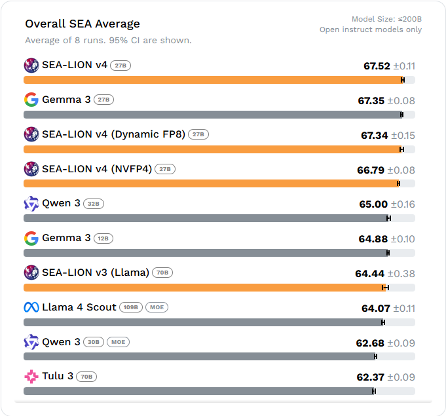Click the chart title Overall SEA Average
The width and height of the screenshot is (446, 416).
coord(83,24)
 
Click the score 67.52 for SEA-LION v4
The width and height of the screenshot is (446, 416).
coord(377,66)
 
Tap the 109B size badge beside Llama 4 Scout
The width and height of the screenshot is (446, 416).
coord(131,307)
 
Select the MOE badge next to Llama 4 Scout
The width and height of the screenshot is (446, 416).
coord(157,307)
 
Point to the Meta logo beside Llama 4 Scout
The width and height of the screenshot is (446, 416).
coord(31,307)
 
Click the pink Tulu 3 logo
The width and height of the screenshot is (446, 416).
coord(31,377)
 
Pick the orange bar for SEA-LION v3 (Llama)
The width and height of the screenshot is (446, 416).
coord(203,288)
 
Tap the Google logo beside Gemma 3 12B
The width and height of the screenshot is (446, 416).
coord(31,238)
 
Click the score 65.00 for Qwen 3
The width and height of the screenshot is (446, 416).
coord(373,204)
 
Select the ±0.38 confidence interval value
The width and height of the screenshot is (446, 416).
coord(401,274)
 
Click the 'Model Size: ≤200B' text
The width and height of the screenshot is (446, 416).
coord(386,20)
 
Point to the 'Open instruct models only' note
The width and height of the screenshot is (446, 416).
coord(371,29)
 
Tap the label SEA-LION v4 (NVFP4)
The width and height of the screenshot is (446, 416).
coord(97,169)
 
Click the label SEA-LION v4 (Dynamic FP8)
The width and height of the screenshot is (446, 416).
coord(113,134)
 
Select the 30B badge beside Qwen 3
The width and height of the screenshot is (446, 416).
coord(94,342)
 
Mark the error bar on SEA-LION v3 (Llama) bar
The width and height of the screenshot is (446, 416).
coord(386,288)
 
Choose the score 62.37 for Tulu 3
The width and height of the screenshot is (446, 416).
coord(370,377)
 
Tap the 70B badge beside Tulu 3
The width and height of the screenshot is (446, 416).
coord(86,377)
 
